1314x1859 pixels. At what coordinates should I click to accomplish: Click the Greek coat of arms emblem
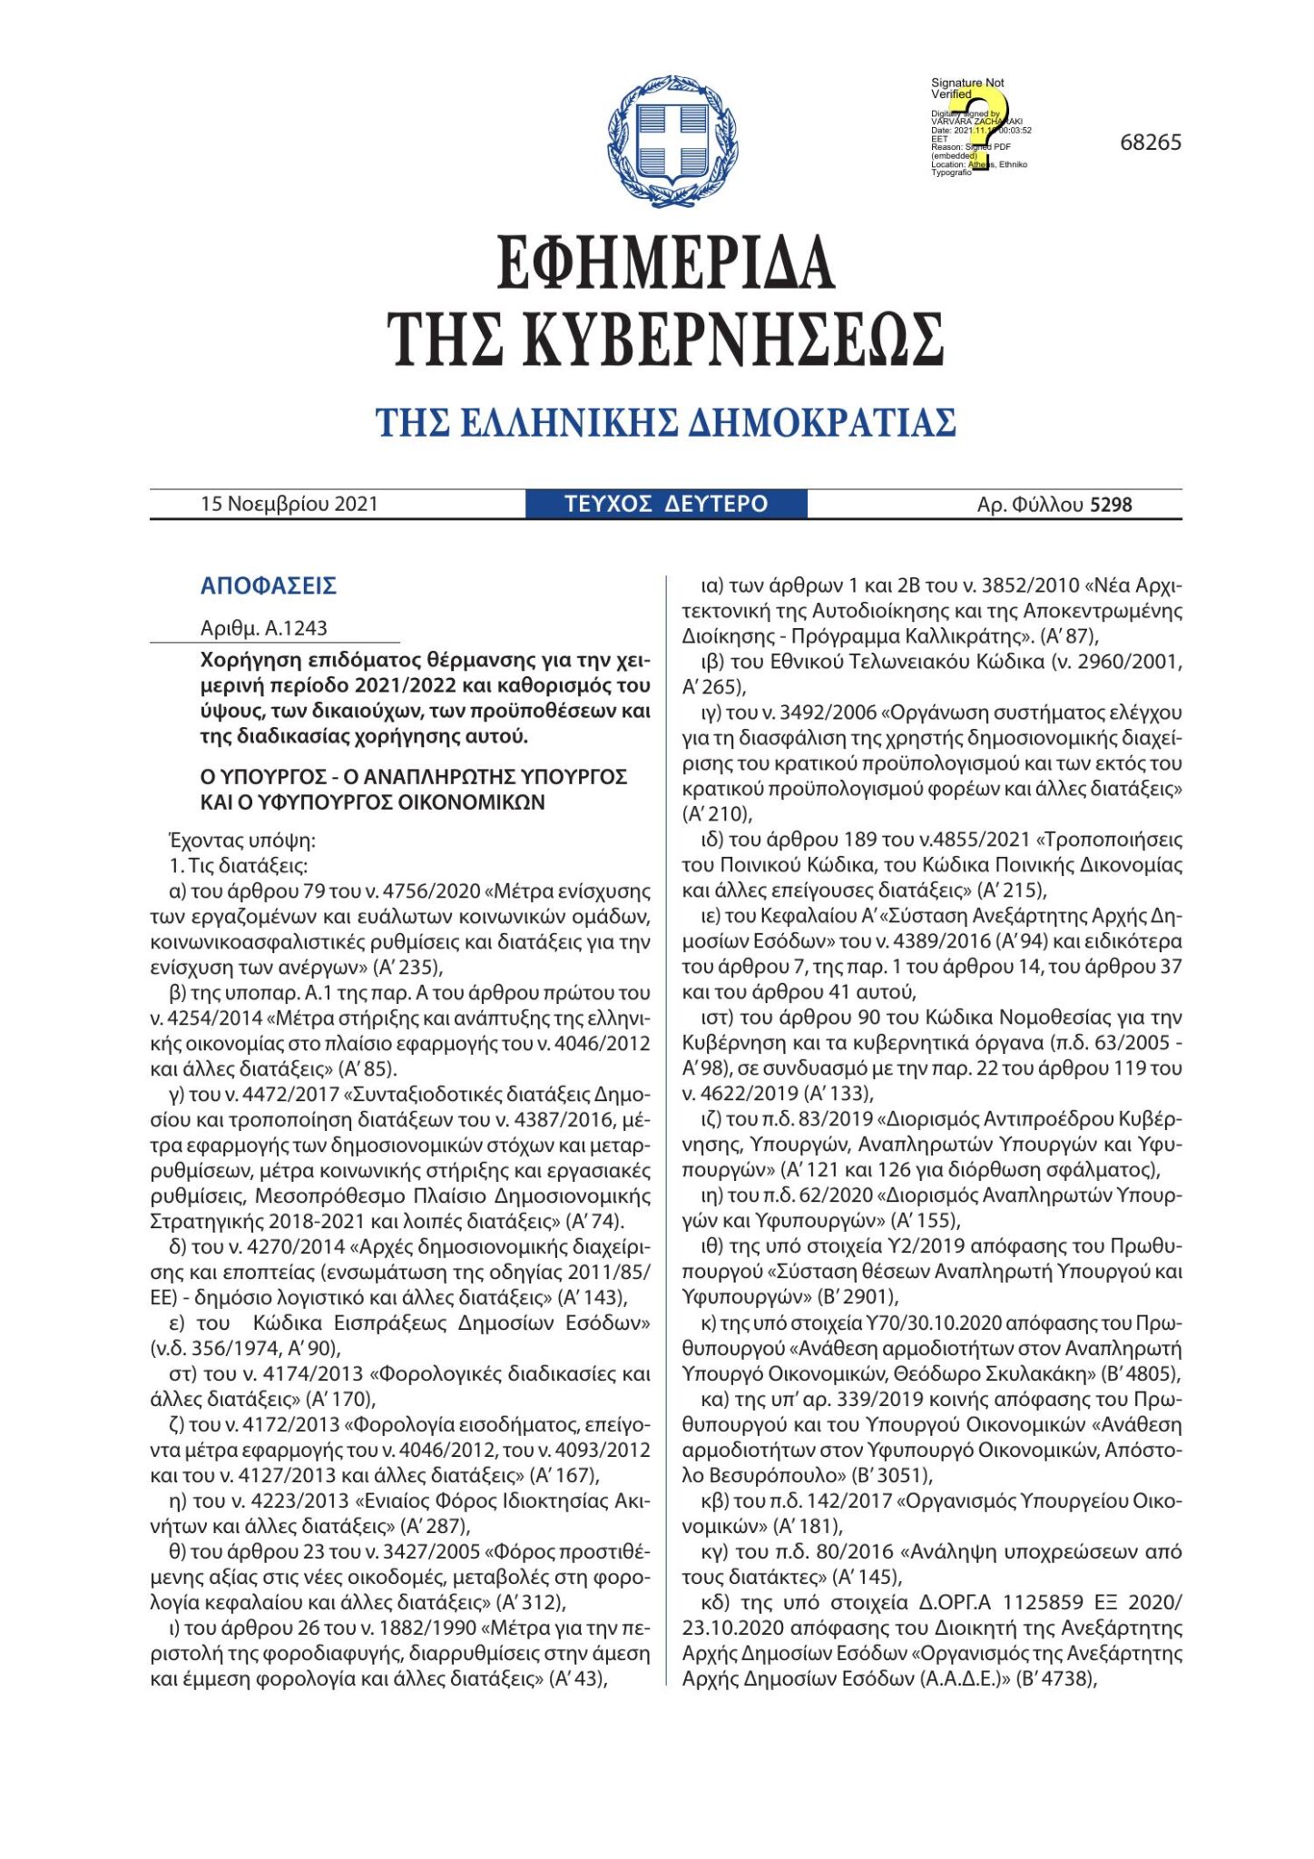pyautogui.click(x=672, y=142)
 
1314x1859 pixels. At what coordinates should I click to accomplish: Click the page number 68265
pyautogui.click(x=1150, y=143)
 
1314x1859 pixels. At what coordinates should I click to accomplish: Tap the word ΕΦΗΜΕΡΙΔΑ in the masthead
pyautogui.click(x=665, y=262)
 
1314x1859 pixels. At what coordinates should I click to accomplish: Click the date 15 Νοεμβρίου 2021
pyautogui.click(x=289, y=504)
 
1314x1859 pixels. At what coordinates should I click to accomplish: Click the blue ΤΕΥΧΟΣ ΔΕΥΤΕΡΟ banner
pyautogui.click(x=665, y=504)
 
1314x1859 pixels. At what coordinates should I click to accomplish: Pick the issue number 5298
pyautogui.click(x=1111, y=505)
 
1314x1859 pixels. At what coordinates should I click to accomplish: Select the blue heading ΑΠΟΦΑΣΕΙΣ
pyautogui.click(x=269, y=585)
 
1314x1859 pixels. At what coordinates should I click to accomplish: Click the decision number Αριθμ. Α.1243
pyautogui.click(x=264, y=628)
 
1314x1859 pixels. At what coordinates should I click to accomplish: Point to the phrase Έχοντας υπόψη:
pyautogui.click(x=242, y=840)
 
